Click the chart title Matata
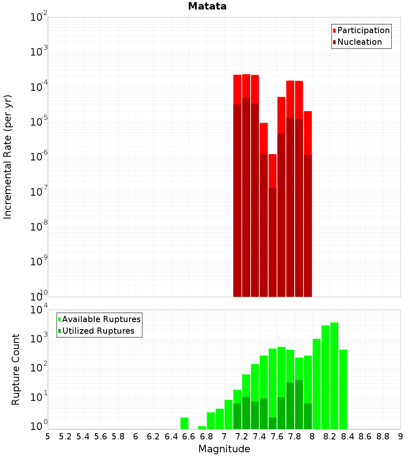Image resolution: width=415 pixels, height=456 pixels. pyautogui.click(x=207, y=7)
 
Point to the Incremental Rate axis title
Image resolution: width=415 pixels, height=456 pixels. pyautogui.click(x=8, y=157)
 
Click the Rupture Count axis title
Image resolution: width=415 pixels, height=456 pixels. pyautogui.click(x=16, y=369)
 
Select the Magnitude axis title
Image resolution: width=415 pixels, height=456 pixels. pyautogui.click(x=224, y=449)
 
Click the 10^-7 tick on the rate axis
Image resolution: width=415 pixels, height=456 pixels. pyautogui.click(x=39, y=192)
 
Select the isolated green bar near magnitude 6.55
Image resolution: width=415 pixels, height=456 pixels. pyautogui.click(x=184, y=423)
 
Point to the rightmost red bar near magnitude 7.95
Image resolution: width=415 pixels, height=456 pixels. pyautogui.click(x=308, y=133)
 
